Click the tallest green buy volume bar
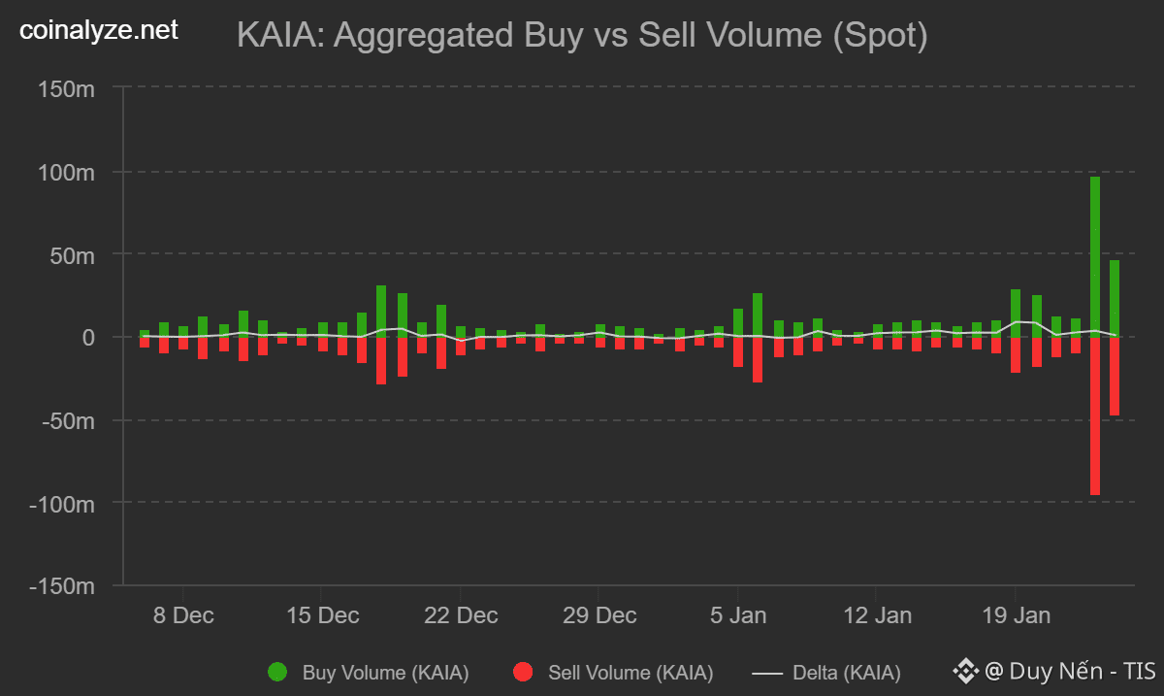[x=1095, y=256]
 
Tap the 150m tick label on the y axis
[x=67, y=88]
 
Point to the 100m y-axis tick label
[x=67, y=172]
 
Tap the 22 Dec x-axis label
[x=462, y=615]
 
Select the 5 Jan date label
[x=738, y=615]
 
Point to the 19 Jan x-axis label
[x=1016, y=615]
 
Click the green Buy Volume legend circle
[x=277, y=672]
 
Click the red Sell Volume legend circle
[x=524, y=672]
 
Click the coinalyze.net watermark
[x=100, y=31]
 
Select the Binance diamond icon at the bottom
[x=966, y=671]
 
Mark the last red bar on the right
[x=1115, y=376]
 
